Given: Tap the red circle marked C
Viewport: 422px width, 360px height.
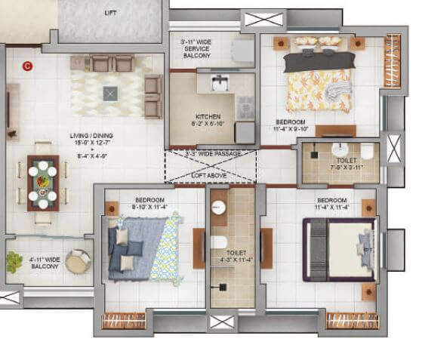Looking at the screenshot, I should pyautogui.click(x=29, y=66).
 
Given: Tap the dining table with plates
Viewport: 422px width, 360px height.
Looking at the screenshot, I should pyautogui.click(x=42, y=182).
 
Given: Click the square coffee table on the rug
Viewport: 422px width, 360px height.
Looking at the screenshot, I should pyautogui.click(x=110, y=92).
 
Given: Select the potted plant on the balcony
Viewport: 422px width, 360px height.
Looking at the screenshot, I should pyautogui.click(x=14, y=262).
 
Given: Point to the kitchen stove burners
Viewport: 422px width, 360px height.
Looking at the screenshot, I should pyautogui.click(x=245, y=107).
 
